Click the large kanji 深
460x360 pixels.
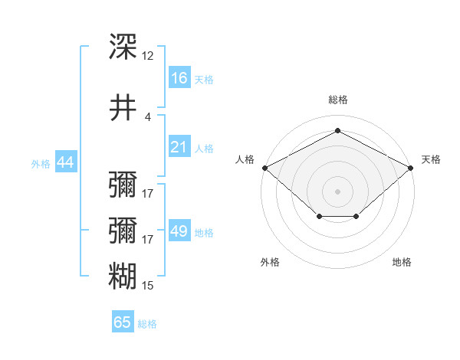(x=123, y=46)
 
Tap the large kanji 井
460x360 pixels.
(x=123, y=107)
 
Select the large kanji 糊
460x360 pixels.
(x=123, y=276)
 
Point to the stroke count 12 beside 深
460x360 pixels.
(x=147, y=56)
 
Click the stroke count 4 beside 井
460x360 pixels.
(x=147, y=117)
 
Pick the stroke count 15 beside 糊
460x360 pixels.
(x=147, y=286)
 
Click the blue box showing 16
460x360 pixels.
(x=179, y=77)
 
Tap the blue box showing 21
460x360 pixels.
(x=179, y=146)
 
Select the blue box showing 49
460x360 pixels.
(x=179, y=230)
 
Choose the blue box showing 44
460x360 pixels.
(x=66, y=162)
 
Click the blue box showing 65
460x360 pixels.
(x=123, y=321)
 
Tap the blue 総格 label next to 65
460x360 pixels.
(x=147, y=324)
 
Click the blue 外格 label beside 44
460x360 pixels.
(x=41, y=164)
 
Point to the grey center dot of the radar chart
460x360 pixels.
(x=337, y=191)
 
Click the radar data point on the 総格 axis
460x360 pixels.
(x=337, y=130)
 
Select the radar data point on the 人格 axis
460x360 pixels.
(x=265, y=168)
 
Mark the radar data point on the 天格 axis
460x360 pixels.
(x=410, y=168)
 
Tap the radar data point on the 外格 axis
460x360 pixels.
(x=320, y=216)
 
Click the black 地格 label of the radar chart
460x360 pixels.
(x=402, y=262)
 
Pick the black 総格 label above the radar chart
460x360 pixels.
(x=338, y=100)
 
